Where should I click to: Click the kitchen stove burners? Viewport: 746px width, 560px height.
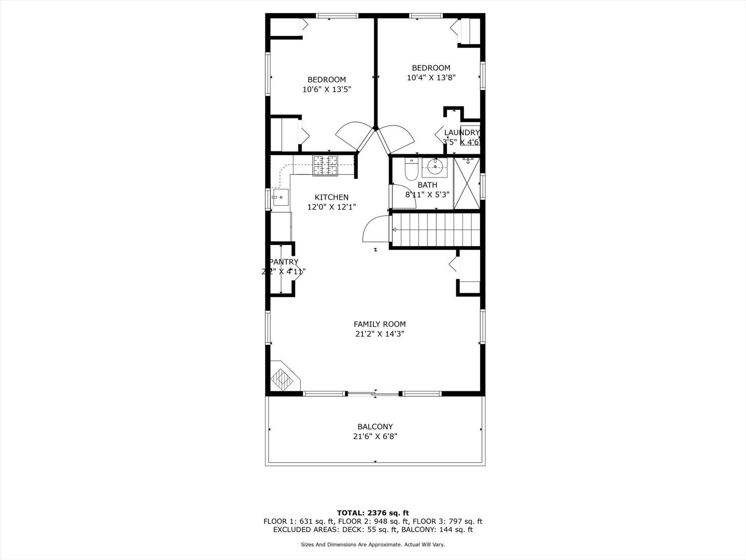(325, 165)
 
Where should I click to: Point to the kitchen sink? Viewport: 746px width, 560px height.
(280, 197)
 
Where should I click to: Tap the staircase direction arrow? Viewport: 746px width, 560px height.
(395, 230)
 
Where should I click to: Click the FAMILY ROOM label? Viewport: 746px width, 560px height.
(379, 324)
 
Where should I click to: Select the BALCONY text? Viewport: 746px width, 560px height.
(375, 426)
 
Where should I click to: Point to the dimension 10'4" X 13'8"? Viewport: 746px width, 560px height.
(431, 77)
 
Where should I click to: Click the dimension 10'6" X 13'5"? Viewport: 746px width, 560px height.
(326, 89)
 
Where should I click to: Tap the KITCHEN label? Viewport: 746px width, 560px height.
(331, 197)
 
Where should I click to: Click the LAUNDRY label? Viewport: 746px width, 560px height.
(461, 132)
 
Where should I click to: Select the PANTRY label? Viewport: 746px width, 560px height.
(284, 262)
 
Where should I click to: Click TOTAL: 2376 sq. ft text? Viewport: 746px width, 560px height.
(373, 513)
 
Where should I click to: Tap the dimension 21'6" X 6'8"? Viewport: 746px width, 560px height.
(375, 436)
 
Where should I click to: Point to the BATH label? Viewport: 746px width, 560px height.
(427, 185)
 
